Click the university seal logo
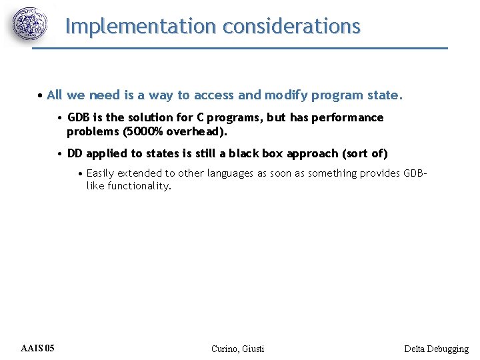point(31,25)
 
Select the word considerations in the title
point(291,26)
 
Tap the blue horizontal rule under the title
point(240,48)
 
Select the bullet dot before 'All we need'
point(41,95)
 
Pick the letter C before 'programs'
point(200,117)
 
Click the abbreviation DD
point(75,153)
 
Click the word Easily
point(101,173)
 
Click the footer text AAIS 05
point(38,348)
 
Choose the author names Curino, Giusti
point(237,349)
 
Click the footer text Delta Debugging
point(436,349)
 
